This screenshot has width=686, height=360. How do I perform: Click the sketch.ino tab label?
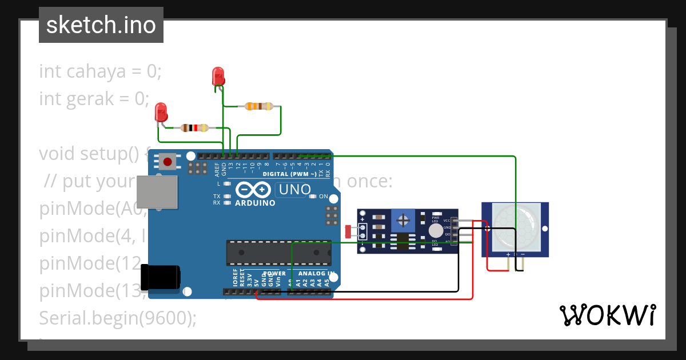101,25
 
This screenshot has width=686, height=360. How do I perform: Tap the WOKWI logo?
607,315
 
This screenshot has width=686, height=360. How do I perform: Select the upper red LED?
218,76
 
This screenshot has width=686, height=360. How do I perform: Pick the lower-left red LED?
161,111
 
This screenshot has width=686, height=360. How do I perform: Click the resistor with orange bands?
258,106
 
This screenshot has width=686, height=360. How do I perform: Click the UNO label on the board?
294,189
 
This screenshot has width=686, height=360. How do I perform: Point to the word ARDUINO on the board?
255,203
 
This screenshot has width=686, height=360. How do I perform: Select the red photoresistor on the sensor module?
349,231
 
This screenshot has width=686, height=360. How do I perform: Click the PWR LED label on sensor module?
436,219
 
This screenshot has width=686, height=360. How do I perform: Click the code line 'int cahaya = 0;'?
101,71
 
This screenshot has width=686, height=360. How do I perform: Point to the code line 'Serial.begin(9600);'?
117,318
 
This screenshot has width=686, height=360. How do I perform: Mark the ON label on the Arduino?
324,197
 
